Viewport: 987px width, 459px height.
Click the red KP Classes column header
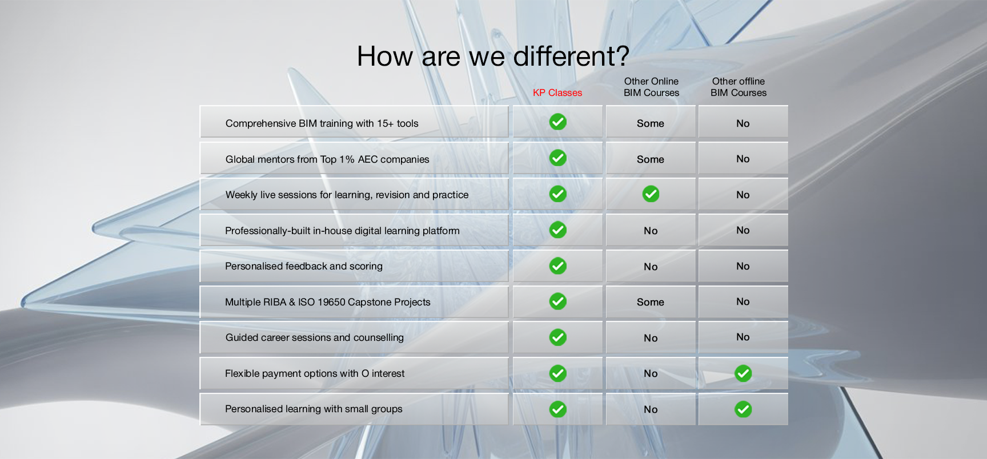[x=557, y=92]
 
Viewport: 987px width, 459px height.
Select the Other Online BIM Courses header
[x=651, y=87]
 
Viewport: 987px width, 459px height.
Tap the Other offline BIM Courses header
[x=739, y=87]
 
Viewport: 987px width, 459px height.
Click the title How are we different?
[x=493, y=56]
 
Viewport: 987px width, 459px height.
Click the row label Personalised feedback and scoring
[x=304, y=266]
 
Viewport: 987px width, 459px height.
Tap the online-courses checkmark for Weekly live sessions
[x=651, y=194]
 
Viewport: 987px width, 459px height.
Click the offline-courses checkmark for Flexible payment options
[x=743, y=373]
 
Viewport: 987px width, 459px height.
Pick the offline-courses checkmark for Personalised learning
[x=743, y=409]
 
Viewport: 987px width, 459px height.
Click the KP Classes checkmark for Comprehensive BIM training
[x=558, y=122]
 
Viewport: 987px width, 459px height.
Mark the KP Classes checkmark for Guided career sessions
[x=558, y=337]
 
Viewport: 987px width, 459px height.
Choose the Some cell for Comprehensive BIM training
[x=651, y=123]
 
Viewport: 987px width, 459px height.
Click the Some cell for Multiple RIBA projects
[x=651, y=302]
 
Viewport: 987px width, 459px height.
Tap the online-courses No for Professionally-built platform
[x=651, y=231]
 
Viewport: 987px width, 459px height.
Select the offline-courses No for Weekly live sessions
[x=743, y=195]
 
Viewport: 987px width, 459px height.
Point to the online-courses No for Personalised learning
[x=651, y=409]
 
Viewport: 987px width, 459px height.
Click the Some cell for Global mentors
[x=651, y=159]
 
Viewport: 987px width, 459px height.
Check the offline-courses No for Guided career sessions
[x=743, y=337]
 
